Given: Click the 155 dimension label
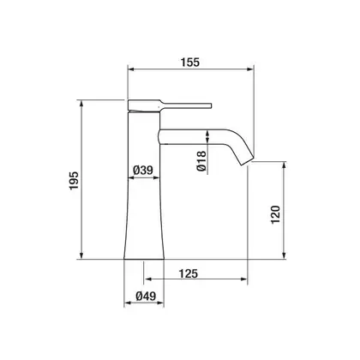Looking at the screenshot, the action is point(189,63).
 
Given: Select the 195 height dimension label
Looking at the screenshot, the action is point(74,181).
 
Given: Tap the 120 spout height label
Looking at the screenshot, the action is point(275,214).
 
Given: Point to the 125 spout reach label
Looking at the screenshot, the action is point(189,273).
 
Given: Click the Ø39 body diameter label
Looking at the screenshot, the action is point(143,171).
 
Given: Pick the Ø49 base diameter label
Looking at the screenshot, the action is point(146,296).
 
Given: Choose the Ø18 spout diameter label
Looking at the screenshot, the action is point(201,161).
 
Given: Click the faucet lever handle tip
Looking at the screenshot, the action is point(211,105).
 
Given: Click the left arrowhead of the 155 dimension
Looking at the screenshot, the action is point(130,69).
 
